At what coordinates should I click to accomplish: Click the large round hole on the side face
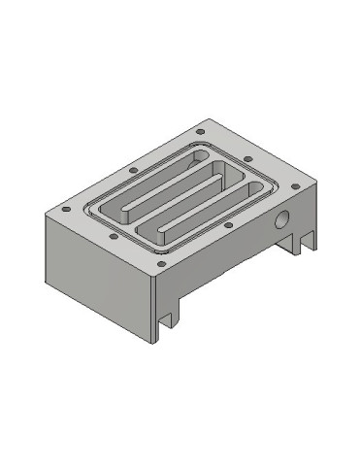point(283,219)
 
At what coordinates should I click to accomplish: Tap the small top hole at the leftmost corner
point(65,208)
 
